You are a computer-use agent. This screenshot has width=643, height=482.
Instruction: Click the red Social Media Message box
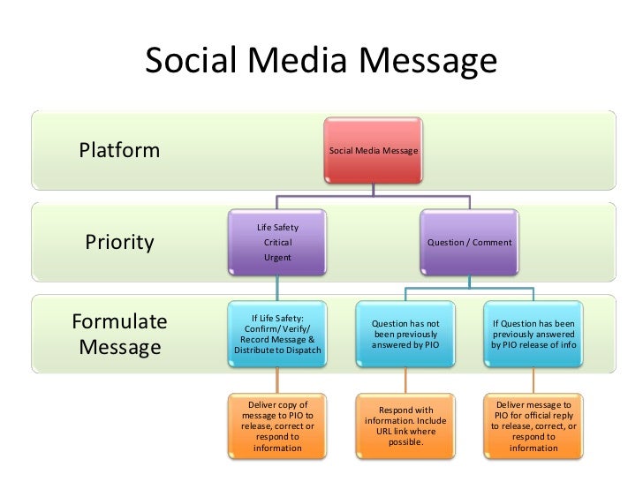pyautogui.click(x=374, y=151)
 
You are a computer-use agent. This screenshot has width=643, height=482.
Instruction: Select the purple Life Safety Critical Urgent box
pyautogui.click(x=277, y=241)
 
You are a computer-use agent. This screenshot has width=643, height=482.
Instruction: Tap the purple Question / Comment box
pyautogui.click(x=469, y=241)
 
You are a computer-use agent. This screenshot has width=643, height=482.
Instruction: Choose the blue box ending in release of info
pyautogui.click(x=533, y=334)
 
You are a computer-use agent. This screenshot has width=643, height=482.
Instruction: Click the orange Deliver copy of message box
pyautogui.click(x=277, y=426)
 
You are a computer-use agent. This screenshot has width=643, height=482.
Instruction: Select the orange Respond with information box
pyautogui.click(x=405, y=426)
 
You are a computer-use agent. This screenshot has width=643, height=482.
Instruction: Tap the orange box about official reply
pyautogui.click(x=533, y=426)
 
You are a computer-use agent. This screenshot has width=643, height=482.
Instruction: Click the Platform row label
pyautogui.click(x=120, y=150)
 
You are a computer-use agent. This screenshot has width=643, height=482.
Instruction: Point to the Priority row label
pyautogui.click(x=119, y=242)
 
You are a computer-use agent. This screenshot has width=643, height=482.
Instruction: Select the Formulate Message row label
pyautogui.click(x=119, y=333)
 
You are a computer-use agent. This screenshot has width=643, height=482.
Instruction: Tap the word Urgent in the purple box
pyautogui.click(x=277, y=257)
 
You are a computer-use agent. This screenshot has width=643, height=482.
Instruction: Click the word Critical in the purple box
pyautogui.click(x=277, y=242)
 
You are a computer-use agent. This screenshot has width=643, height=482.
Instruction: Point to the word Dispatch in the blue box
pyautogui.click(x=301, y=350)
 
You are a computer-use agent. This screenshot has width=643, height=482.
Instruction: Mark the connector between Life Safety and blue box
pyautogui.click(x=277, y=283)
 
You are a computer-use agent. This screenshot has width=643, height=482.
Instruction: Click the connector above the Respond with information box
pyautogui.click(x=405, y=380)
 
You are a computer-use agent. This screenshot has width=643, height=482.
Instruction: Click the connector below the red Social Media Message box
pyautogui.click(x=374, y=189)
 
